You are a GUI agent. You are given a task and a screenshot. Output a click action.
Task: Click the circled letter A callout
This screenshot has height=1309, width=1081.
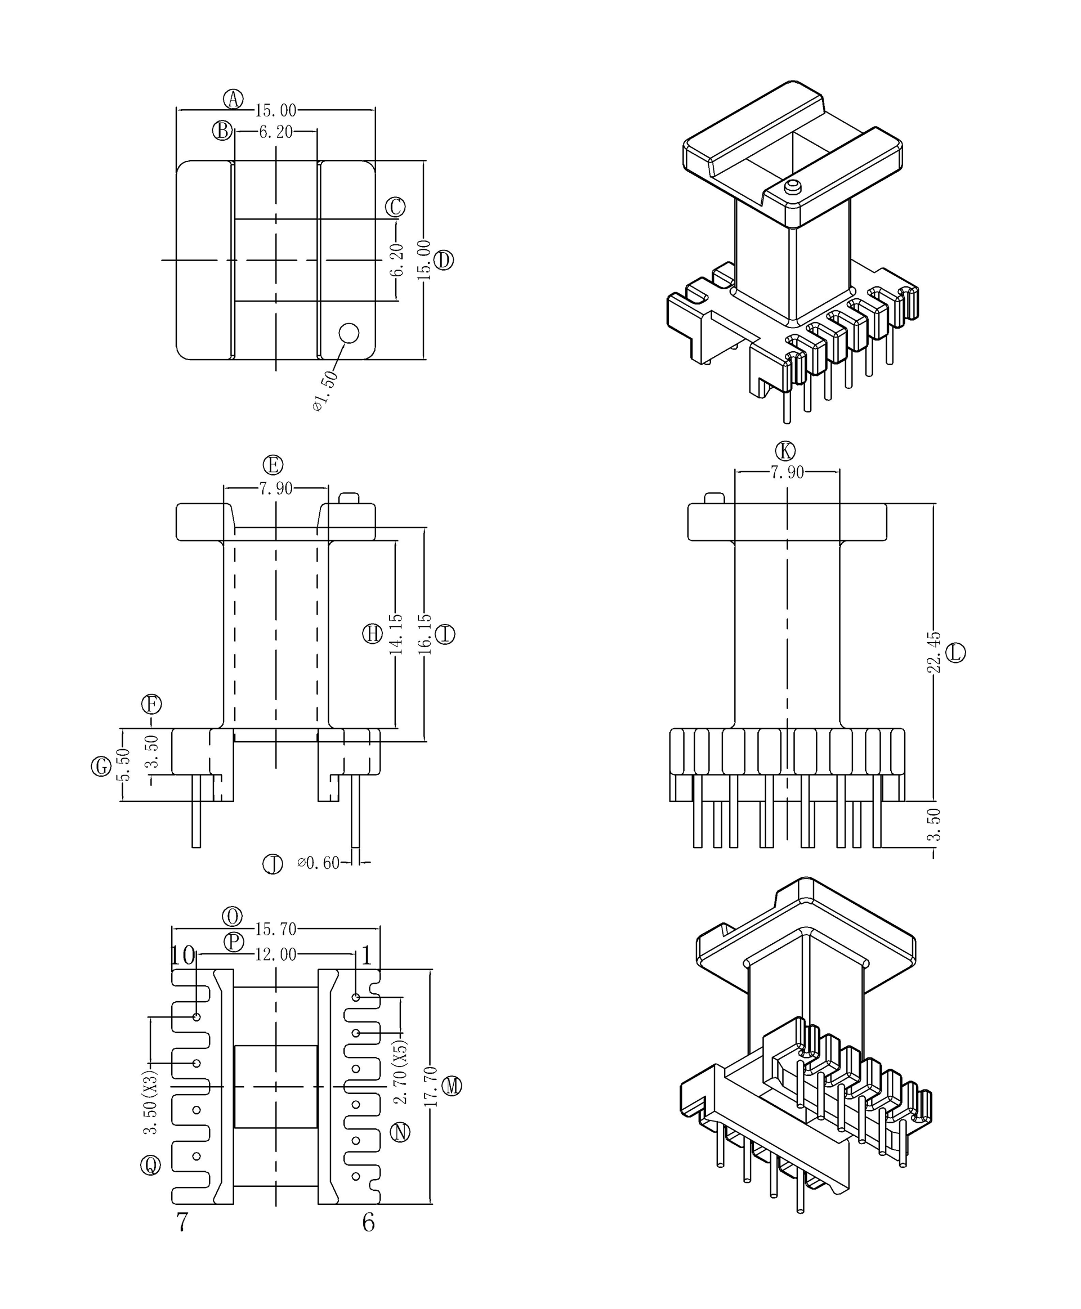[x=234, y=99]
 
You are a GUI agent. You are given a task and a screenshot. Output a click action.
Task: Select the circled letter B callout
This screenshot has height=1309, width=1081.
[x=222, y=131]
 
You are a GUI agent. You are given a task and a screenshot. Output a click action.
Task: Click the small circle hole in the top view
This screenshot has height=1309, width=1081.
[x=349, y=333]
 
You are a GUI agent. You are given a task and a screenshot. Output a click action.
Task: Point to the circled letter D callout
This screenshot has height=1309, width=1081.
[x=443, y=259]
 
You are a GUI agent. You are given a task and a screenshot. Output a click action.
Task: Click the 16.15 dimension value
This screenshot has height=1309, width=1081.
[x=425, y=634]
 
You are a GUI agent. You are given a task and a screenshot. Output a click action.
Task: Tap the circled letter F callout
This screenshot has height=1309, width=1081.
[x=151, y=704]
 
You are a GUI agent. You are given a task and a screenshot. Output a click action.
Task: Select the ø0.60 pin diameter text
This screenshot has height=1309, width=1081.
[x=319, y=863]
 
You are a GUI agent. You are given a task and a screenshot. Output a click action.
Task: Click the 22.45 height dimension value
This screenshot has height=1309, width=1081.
[x=933, y=652]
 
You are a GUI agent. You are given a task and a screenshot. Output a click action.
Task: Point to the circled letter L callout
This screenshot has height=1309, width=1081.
[x=955, y=653]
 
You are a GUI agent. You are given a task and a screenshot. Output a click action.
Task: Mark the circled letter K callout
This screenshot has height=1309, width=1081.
[x=785, y=451]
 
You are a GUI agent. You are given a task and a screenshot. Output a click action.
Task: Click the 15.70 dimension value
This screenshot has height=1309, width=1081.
[x=275, y=929]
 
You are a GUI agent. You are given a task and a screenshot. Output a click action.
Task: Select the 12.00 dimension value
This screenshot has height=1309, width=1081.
[x=275, y=954]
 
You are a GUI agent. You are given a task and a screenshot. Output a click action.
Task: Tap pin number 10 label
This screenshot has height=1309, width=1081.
[x=183, y=956]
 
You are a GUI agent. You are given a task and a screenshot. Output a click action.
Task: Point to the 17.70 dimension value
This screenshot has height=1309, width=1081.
[x=430, y=1086]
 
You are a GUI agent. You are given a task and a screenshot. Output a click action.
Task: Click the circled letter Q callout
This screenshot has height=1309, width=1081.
[x=151, y=1165]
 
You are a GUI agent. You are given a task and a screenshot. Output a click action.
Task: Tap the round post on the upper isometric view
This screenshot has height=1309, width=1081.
[x=792, y=186]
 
